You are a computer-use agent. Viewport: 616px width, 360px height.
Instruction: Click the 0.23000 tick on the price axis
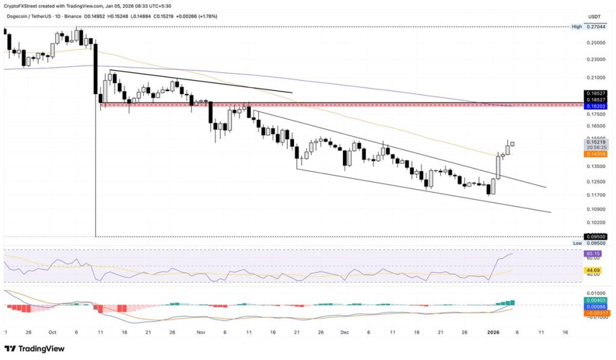(x=594, y=60)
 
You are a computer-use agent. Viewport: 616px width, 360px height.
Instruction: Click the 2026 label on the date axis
(x=493, y=332)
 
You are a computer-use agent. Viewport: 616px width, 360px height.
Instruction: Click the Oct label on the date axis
(x=54, y=332)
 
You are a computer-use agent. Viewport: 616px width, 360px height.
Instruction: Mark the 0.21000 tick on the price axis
(x=594, y=78)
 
